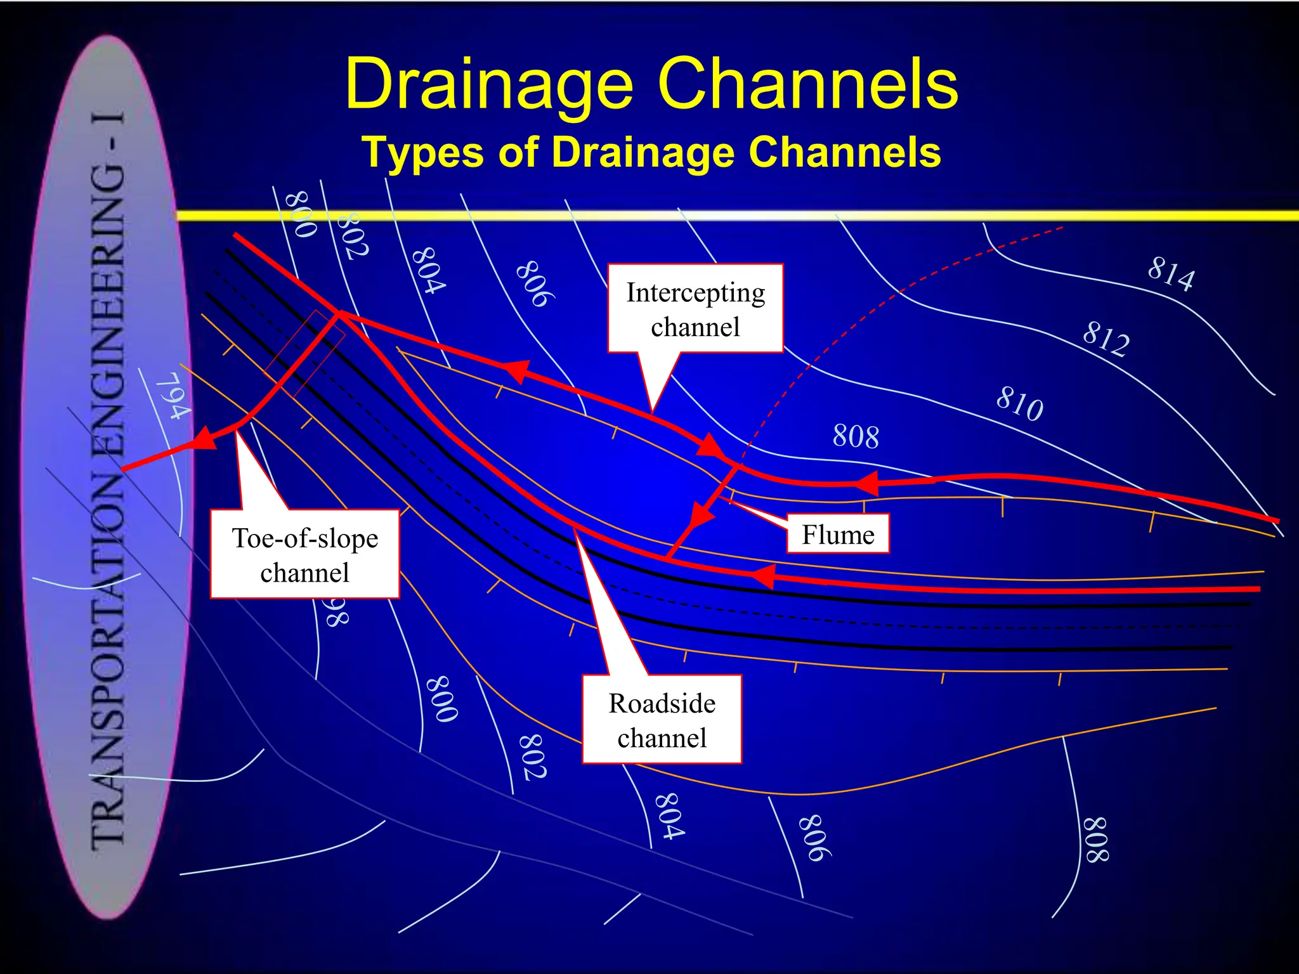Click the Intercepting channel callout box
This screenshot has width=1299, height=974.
point(695,309)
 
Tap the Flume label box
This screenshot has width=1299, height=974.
point(837,535)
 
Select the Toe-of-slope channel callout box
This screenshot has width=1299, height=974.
point(304,554)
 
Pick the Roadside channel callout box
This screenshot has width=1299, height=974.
point(662,720)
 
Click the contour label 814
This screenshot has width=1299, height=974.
point(1171,274)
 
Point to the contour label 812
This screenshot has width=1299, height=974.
point(1106,339)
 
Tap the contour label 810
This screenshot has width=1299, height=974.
point(1019,403)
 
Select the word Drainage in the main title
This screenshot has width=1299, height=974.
point(488,84)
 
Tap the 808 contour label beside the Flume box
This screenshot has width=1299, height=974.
point(856,437)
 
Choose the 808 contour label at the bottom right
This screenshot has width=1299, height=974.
point(1095,840)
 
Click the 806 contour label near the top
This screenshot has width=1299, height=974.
point(535,283)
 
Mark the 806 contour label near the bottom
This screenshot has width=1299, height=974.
point(814,837)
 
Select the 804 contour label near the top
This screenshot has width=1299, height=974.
point(428,271)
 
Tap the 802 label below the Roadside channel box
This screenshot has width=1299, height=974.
point(533,756)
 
